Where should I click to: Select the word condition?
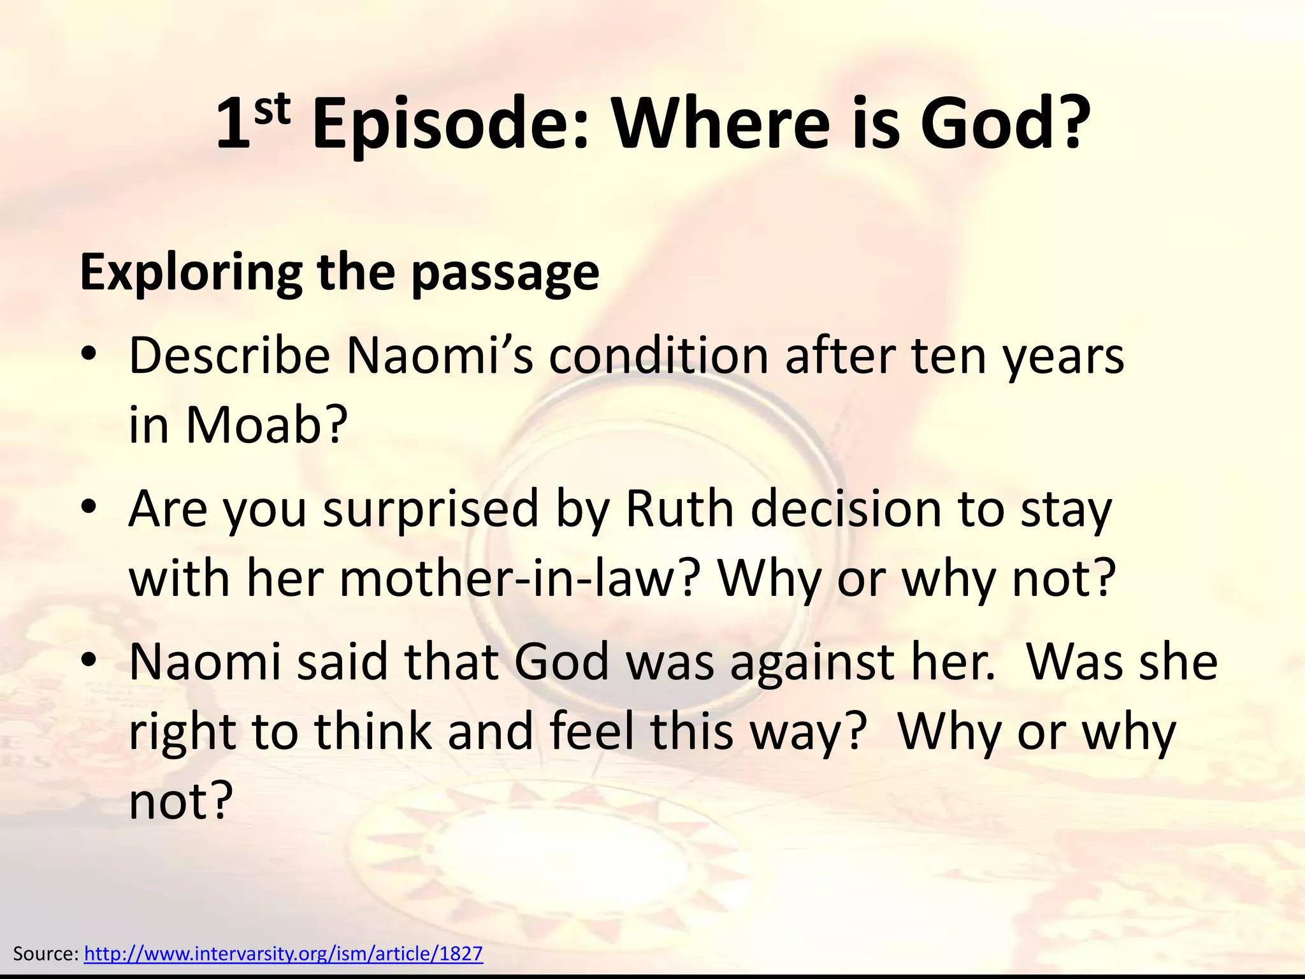pyautogui.click(x=659, y=356)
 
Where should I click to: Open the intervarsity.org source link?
pyautogui.click(x=284, y=954)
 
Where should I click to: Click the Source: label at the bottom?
pyautogui.click(x=45, y=954)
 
